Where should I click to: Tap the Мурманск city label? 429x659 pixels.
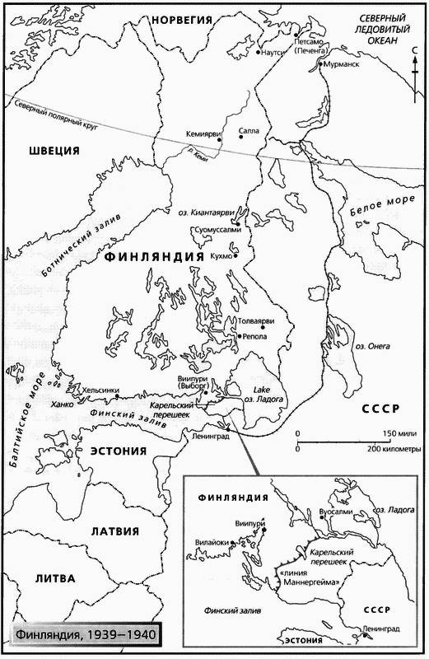344,63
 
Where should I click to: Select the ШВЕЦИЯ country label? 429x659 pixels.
54,150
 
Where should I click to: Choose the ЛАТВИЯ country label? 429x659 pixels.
114,530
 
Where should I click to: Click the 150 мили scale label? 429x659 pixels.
401,433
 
